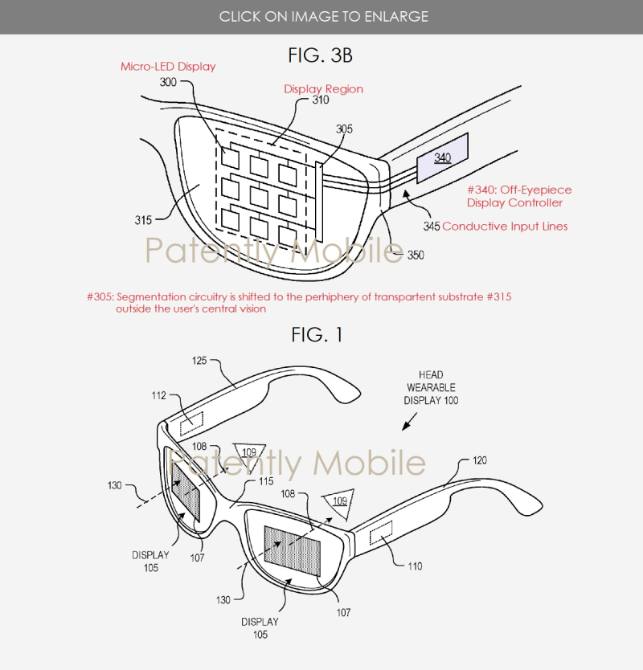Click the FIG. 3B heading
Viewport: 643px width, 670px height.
pyautogui.click(x=320, y=55)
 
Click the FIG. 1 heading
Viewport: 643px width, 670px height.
pyautogui.click(x=317, y=334)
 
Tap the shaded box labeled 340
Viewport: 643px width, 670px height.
pyautogui.click(x=443, y=158)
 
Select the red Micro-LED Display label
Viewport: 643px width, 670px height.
pyautogui.click(x=168, y=67)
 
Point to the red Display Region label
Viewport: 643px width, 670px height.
pyautogui.click(x=324, y=89)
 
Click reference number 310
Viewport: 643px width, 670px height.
pyautogui.click(x=320, y=100)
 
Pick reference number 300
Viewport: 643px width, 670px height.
pyautogui.click(x=168, y=82)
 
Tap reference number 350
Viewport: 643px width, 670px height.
pyautogui.click(x=416, y=255)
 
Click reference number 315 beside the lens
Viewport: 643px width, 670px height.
pyautogui.click(x=143, y=220)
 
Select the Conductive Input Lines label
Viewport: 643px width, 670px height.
pyautogui.click(x=505, y=227)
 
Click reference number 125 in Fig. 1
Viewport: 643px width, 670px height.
pyautogui.click(x=199, y=361)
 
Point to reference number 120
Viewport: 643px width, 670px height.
pyautogui.click(x=480, y=460)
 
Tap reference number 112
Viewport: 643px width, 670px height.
pyautogui.click(x=158, y=396)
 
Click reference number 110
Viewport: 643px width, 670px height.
pyautogui.click(x=415, y=566)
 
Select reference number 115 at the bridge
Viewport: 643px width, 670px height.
pyautogui.click(x=266, y=481)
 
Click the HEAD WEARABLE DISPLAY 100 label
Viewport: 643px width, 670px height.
pyautogui.click(x=431, y=388)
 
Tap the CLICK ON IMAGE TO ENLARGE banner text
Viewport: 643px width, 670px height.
pyautogui.click(x=324, y=17)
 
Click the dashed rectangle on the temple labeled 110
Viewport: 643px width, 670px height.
pyautogui.click(x=381, y=533)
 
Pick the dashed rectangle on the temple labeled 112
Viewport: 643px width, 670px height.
pyautogui.click(x=191, y=423)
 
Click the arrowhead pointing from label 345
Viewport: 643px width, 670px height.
pyautogui.click(x=406, y=194)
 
